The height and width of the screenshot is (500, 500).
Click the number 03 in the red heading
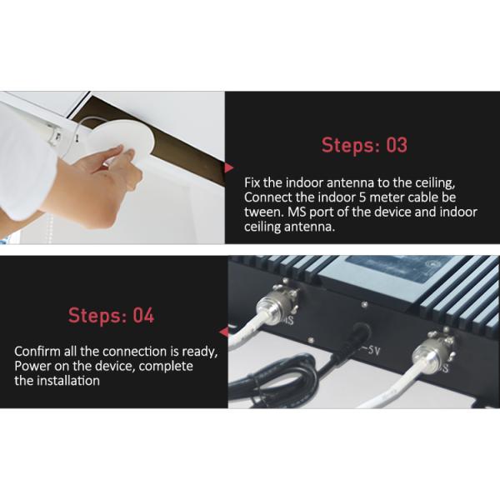[x=397, y=145]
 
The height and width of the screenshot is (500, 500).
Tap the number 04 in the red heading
[x=143, y=315]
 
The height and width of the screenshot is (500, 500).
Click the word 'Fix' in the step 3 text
[x=252, y=182]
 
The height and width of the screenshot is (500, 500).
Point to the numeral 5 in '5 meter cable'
[x=362, y=197]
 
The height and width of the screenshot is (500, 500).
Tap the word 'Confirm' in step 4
[x=37, y=352]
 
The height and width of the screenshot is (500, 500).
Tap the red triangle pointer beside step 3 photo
[x=228, y=167]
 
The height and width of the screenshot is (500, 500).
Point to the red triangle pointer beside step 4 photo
[x=224, y=332]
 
